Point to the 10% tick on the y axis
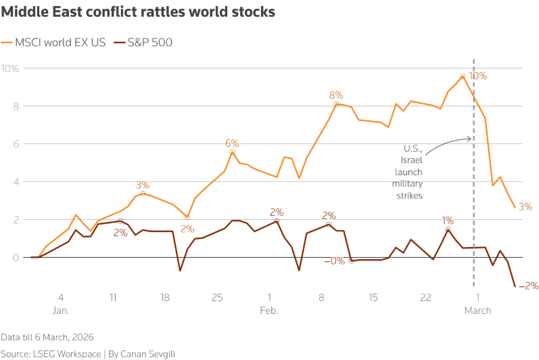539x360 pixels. coord(10,68)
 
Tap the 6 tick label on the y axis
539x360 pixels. coord(16,144)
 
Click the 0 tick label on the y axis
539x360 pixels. coord(16,258)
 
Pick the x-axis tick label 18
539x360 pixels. coord(165,297)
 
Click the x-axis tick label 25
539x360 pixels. coord(217,297)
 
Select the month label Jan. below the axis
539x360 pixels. coord(61,311)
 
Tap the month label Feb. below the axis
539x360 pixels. coord(269,311)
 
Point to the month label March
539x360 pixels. coord(478,311)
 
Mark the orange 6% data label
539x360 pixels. coord(232,143)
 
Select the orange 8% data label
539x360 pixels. coord(336,95)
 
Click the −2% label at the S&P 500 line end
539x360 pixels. coord(528,286)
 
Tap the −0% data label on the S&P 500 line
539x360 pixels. coord(334,261)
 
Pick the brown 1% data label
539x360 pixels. coord(448,221)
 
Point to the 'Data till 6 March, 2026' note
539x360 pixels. coord(47,336)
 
